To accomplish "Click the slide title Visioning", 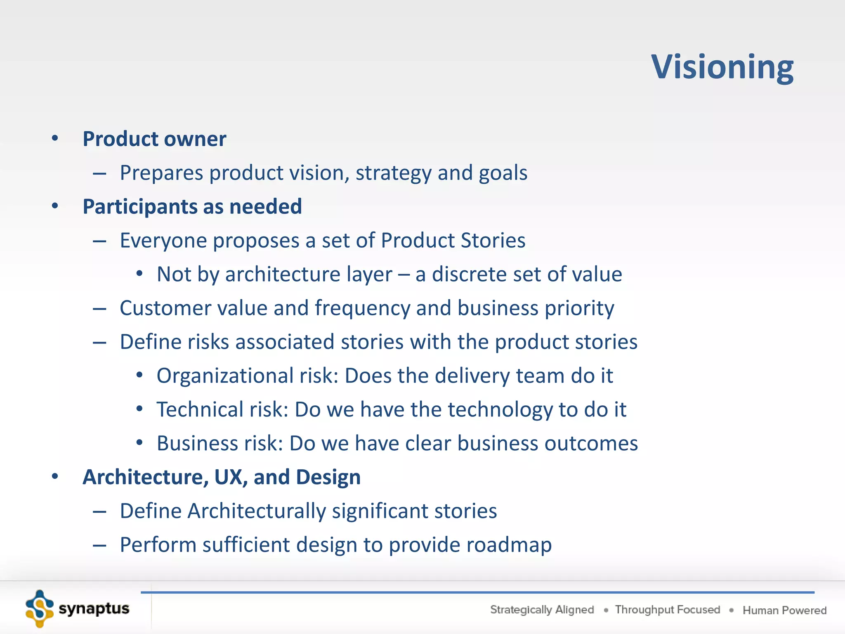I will point(722,67).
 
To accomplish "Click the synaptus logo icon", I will point(40,608).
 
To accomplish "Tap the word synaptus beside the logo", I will point(94,608).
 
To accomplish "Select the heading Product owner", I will point(154,139).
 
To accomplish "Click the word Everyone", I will point(163,241).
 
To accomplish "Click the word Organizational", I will point(224,376).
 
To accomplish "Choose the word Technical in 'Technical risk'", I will point(200,410).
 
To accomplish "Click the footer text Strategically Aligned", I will point(542,610).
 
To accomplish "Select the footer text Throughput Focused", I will point(667,610).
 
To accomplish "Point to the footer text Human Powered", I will point(784,610).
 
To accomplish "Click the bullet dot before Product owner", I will point(55,138).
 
